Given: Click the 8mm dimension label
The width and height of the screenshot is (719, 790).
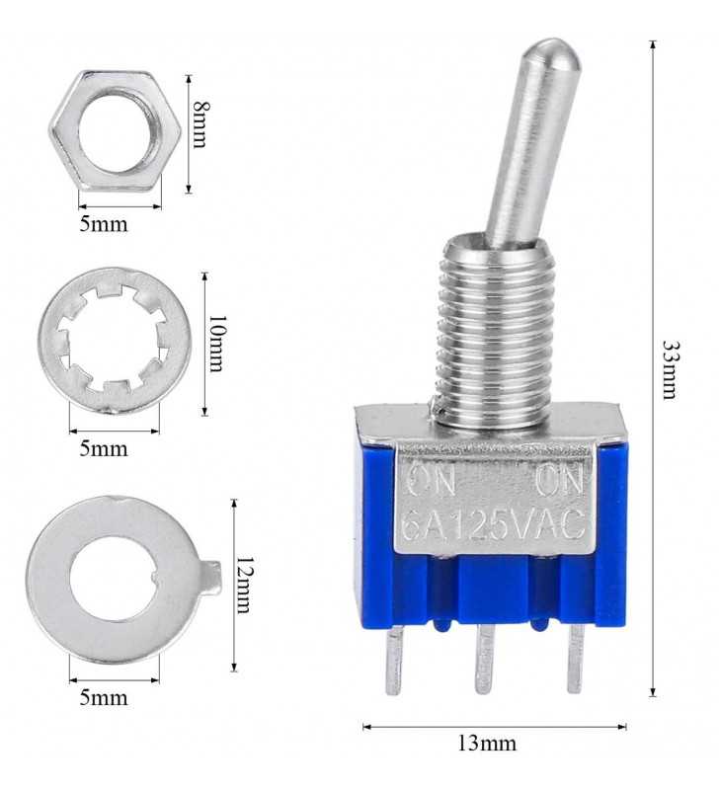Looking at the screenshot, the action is [x=200, y=124].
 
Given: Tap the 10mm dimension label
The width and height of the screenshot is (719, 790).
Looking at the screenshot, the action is [x=215, y=344].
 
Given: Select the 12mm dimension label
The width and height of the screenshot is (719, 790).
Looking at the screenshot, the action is [x=244, y=585].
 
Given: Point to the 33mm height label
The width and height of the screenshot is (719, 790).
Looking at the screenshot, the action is [x=671, y=370].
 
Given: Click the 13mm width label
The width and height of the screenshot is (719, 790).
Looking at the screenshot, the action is [x=487, y=744].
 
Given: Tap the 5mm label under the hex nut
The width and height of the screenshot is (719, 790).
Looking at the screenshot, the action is [x=104, y=224].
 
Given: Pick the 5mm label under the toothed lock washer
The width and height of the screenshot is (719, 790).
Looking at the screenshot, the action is [x=104, y=448].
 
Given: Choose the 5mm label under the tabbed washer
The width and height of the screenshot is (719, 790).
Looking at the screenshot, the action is [x=104, y=698].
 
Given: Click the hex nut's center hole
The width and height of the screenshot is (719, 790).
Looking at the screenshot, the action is [x=115, y=132].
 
